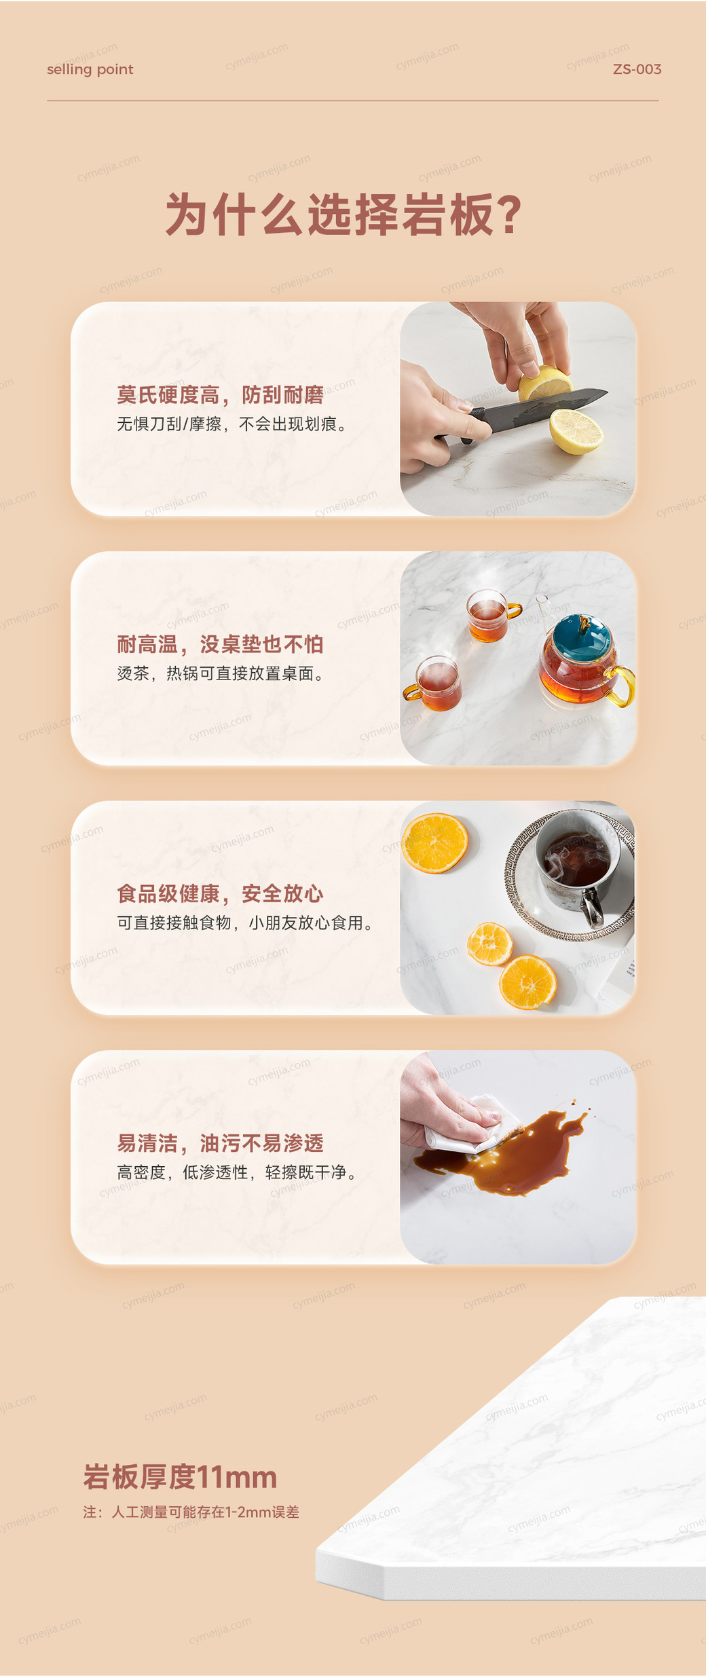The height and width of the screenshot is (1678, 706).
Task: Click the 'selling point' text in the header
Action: [x=90, y=69]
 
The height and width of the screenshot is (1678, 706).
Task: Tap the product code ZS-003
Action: [x=637, y=69]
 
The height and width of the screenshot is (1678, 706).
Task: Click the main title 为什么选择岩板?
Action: [x=343, y=215]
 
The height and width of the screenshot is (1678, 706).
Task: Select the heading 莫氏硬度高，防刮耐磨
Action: [x=220, y=394]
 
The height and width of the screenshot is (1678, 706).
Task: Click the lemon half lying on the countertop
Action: [x=576, y=430]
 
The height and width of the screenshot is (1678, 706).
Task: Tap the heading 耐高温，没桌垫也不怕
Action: [x=220, y=644]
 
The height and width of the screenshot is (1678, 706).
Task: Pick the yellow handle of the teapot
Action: [x=624, y=686]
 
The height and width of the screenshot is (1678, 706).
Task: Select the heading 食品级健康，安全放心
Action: [x=220, y=893]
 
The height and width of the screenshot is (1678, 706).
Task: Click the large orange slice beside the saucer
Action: [x=435, y=842]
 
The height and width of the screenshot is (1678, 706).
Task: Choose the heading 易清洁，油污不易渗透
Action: [x=220, y=1143]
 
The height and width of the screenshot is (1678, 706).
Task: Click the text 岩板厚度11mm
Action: [x=180, y=1477]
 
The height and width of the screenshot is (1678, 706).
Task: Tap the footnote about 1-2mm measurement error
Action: [x=191, y=1512]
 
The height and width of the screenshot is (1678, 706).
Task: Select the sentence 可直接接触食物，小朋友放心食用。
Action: [x=246, y=923]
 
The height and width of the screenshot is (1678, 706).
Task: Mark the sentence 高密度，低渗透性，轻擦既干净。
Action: [x=238, y=1172]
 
